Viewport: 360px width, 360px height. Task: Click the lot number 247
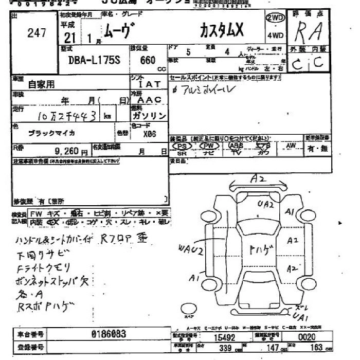[x=37, y=33]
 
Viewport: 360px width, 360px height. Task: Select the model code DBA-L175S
[x=95, y=60]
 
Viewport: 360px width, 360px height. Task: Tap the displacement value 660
[x=148, y=60]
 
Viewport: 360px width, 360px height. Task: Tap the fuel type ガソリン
[x=149, y=116]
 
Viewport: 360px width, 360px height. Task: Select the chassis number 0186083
[x=108, y=334]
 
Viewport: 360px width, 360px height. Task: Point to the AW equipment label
[x=292, y=146]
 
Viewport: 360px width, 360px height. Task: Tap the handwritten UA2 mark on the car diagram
[x=266, y=204]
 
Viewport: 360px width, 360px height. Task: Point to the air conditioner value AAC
[x=150, y=100]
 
